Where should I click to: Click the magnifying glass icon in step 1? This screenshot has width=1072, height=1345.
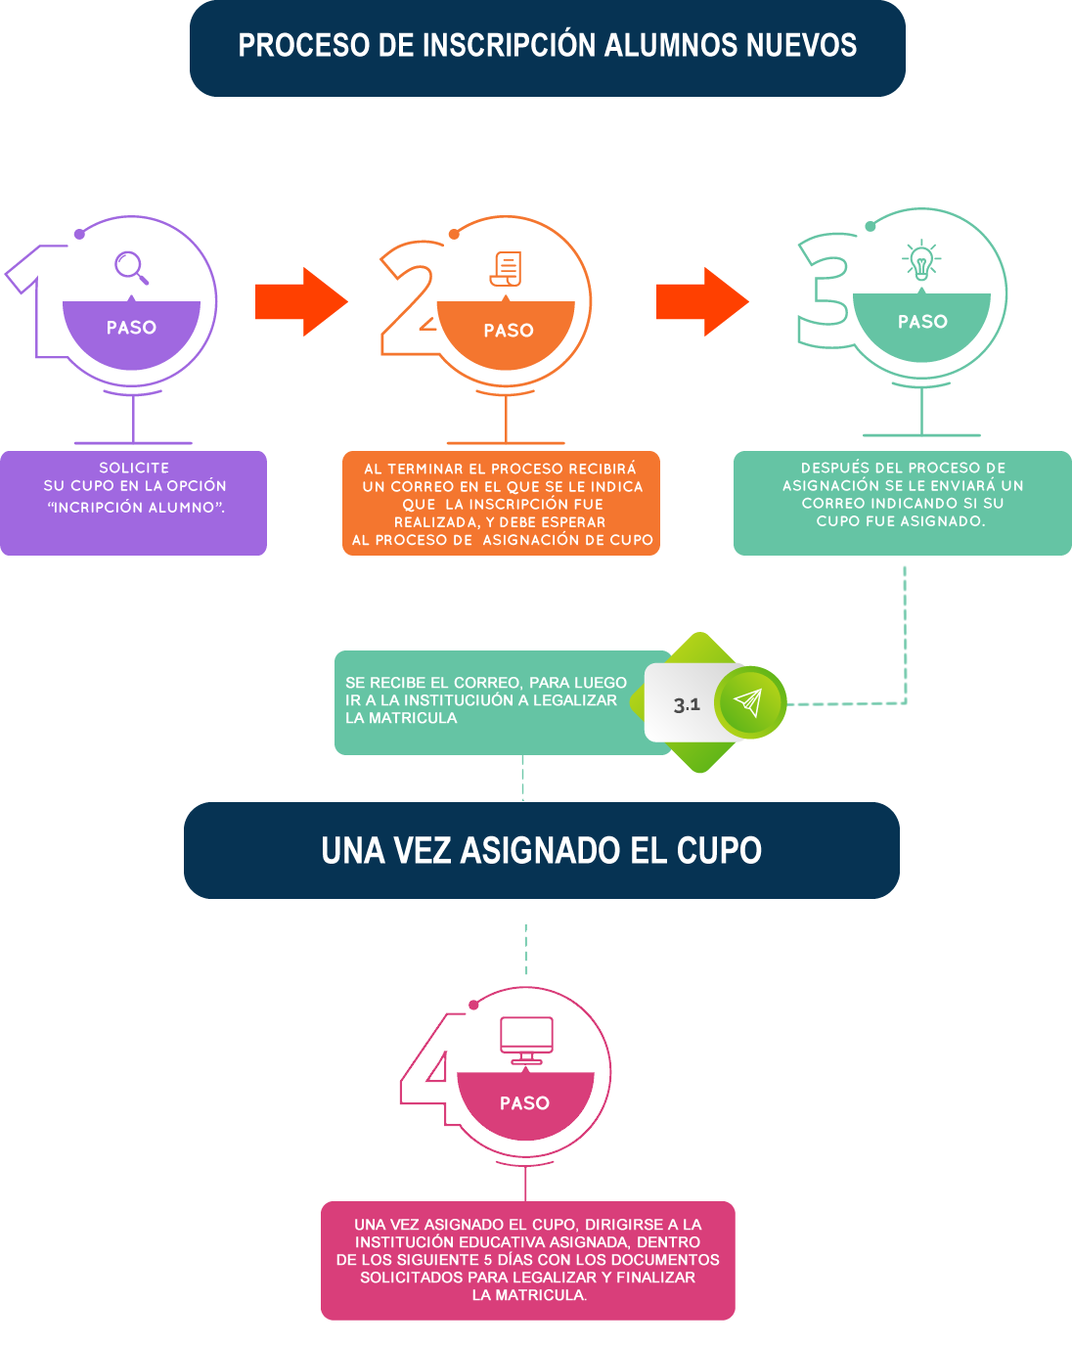[131, 267]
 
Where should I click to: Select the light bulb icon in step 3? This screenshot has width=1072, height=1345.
[920, 261]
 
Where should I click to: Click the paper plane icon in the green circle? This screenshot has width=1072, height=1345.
[748, 702]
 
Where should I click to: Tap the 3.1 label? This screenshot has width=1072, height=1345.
[687, 704]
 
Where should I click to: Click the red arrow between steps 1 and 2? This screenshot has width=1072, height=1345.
[301, 301]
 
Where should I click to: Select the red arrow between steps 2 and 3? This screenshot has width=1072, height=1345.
[702, 301]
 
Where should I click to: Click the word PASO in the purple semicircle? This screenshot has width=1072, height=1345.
[131, 328]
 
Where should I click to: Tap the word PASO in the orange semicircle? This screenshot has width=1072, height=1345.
[509, 331]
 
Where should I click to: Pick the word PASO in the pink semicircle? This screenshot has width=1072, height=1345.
[524, 1103]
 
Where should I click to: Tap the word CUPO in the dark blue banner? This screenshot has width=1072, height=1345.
[719, 851]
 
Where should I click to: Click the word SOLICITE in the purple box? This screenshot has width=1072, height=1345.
[134, 468]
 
